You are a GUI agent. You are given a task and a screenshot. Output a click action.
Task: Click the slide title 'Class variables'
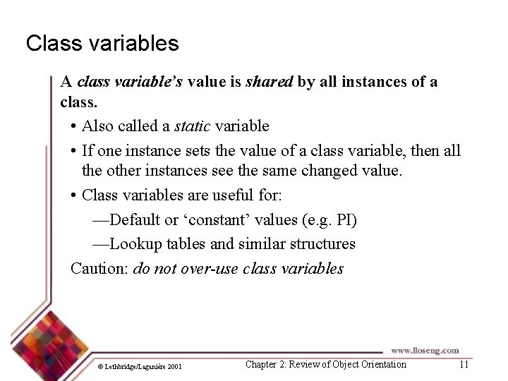coord(102,44)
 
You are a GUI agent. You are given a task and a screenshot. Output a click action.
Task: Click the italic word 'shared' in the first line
coord(269,82)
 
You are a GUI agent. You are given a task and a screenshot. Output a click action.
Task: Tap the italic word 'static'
coord(192,126)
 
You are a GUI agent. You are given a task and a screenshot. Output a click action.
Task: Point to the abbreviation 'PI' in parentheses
coord(344,220)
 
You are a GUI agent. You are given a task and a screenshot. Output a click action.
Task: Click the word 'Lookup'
coord(135,244)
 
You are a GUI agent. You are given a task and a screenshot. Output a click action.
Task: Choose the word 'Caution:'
coord(99,269)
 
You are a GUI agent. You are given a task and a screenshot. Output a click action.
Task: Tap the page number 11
coord(464,365)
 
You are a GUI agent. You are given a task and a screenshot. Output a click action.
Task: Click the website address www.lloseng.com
coord(425,350)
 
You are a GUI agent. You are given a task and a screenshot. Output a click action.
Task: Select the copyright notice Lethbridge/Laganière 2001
coord(142,366)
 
